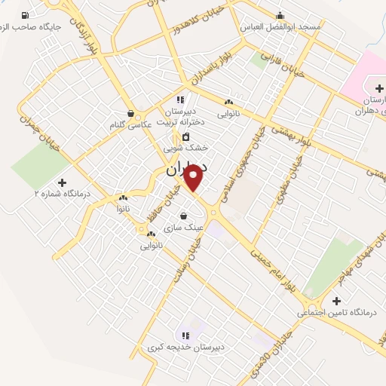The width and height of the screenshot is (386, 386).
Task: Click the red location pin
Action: [195, 177]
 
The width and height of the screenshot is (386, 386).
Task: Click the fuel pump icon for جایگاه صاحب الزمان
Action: [26, 15]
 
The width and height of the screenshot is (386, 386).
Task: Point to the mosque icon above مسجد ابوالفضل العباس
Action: [280, 15]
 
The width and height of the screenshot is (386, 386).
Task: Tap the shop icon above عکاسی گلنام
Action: [130, 114]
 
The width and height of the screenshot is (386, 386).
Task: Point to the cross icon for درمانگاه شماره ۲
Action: [62, 182]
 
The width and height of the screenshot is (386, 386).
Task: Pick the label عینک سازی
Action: [188, 225]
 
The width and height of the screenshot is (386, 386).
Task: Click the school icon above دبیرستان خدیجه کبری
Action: [184, 335]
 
